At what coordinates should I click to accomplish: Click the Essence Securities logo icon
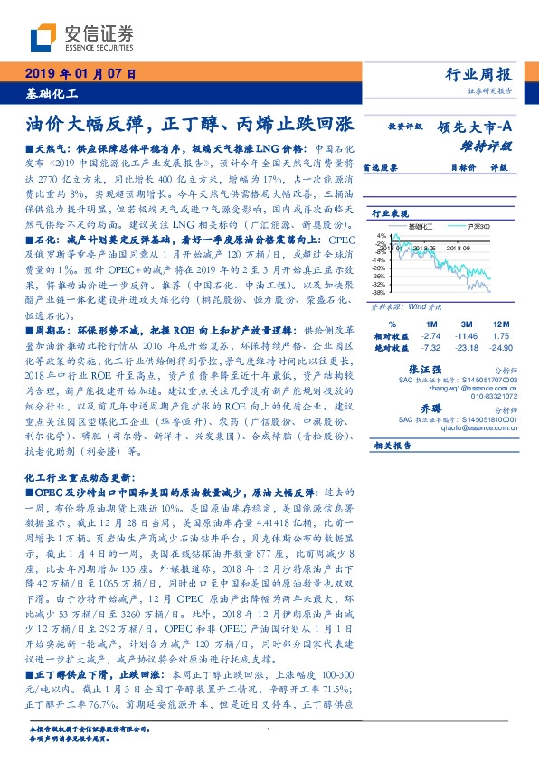tap(42, 38)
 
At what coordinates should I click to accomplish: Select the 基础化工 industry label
tap(51, 93)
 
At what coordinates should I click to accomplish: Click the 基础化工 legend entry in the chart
tap(421, 225)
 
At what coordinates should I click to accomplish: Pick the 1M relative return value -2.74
tap(430, 334)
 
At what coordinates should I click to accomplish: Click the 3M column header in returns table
tap(466, 324)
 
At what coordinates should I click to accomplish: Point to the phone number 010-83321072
tap(489, 395)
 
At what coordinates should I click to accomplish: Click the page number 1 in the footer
tap(269, 731)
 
